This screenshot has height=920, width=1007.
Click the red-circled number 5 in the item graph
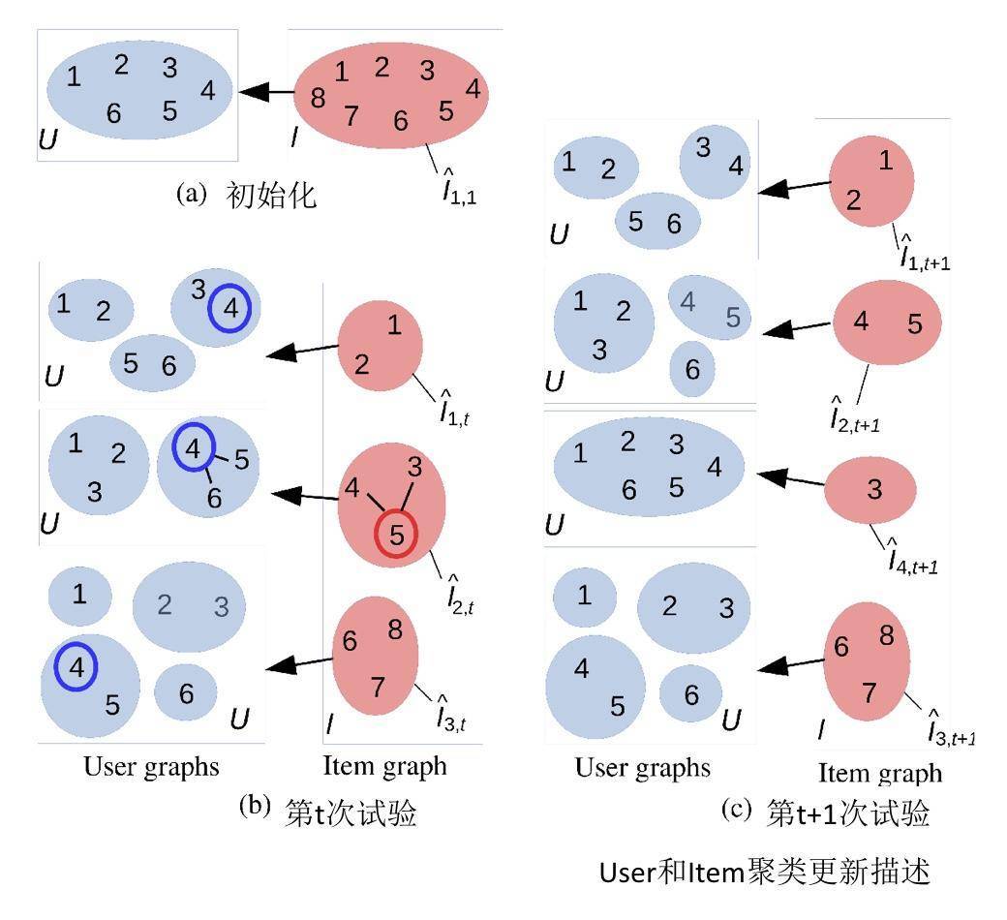395,534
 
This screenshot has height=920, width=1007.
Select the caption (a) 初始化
247,195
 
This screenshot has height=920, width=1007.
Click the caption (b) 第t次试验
328,812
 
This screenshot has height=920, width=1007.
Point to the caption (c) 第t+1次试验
826,812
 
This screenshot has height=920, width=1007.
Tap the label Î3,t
453,714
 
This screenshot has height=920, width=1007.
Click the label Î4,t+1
913,557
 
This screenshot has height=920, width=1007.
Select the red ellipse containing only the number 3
870,490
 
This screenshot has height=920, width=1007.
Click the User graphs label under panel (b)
151,767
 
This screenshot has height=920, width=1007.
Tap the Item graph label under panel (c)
880,773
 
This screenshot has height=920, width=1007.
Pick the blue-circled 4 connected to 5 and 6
196,448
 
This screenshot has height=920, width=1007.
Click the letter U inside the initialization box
48,140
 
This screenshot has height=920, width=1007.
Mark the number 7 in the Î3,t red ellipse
379,687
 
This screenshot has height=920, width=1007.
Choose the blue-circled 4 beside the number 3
229,307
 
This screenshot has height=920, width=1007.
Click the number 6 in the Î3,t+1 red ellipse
841,647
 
